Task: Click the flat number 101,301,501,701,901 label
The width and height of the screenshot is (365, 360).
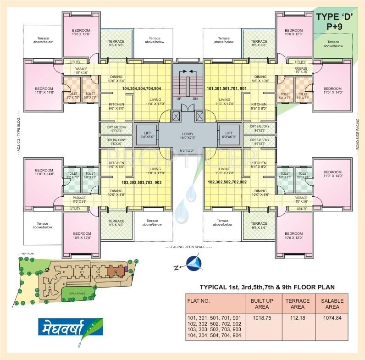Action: (x=227, y=88)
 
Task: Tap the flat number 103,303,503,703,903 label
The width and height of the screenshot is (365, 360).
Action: (x=141, y=183)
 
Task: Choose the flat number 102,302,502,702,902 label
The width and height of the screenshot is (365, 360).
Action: (x=227, y=182)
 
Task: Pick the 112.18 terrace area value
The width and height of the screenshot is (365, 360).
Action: (x=298, y=317)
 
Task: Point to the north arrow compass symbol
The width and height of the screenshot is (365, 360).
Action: (x=194, y=263)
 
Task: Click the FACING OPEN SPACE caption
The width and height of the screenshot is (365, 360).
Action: (x=188, y=247)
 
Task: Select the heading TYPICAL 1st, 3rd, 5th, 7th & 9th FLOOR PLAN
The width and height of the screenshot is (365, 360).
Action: (x=267, y=288)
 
